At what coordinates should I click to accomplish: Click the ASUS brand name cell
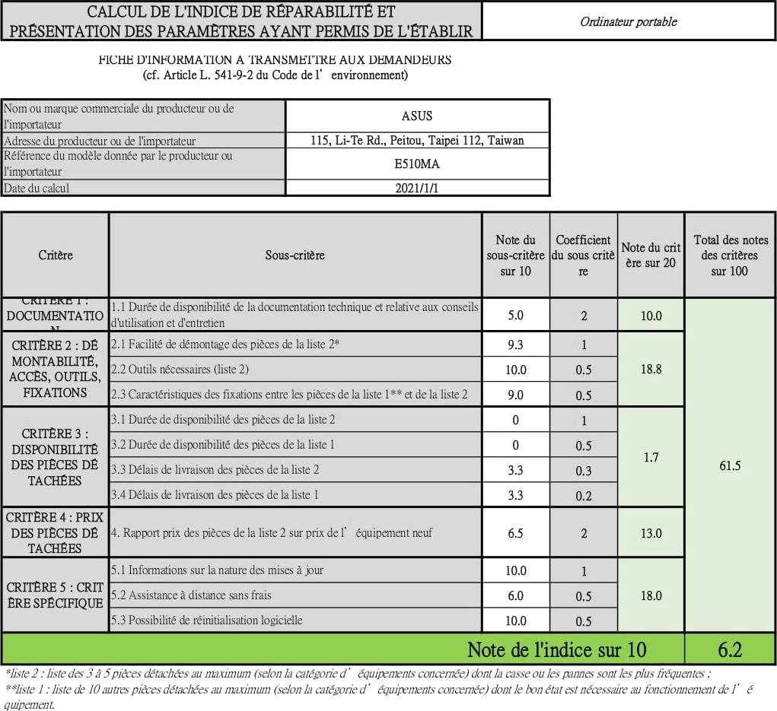pyautogui.click(x=417, y=116)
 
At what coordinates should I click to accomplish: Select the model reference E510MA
pyautogui.click(x=417, y=163)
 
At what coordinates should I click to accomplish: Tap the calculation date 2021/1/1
pyautogui.click(x=417, y=188)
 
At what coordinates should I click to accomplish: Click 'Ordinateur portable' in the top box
pyautogui.click(x=628, y=21)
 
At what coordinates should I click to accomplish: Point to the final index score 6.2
pyautogui.click(x=729, y=649)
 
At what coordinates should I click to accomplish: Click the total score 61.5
pyautogui.click(x=729, y=465)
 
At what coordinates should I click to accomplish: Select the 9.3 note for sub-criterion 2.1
pyautogui.click(x=515, y=344)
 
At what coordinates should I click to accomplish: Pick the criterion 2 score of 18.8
pyautogui.click(x=651, y=369)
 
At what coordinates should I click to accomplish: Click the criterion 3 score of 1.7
pyautogui.click(x=651, y=457)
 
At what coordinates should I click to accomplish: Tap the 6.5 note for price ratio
pyautogui.click(x=515, y=533)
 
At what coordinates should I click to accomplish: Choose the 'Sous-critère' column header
pyautogui.click(x=295, y=255)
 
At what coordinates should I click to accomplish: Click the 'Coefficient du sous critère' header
pyautogui.click(x=583, y=255)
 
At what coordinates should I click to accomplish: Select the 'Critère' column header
pyautogui.click(x=56, y=255)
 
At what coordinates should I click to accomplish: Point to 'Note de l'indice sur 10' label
pyautogui.click(x=556, y=649)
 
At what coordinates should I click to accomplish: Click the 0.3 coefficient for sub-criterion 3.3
pyautogui.click(x=583, y=471)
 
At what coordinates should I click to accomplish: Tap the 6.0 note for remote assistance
pyautogui.click(x=515, y=595)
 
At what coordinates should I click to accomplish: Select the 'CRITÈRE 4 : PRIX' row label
pyautogui.click(x=55, y=532)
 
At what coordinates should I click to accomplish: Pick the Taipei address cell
pyautogui.click(x=417, y=140)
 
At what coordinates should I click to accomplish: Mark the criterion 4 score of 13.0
pyautogui.click(x=651, y=533)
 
